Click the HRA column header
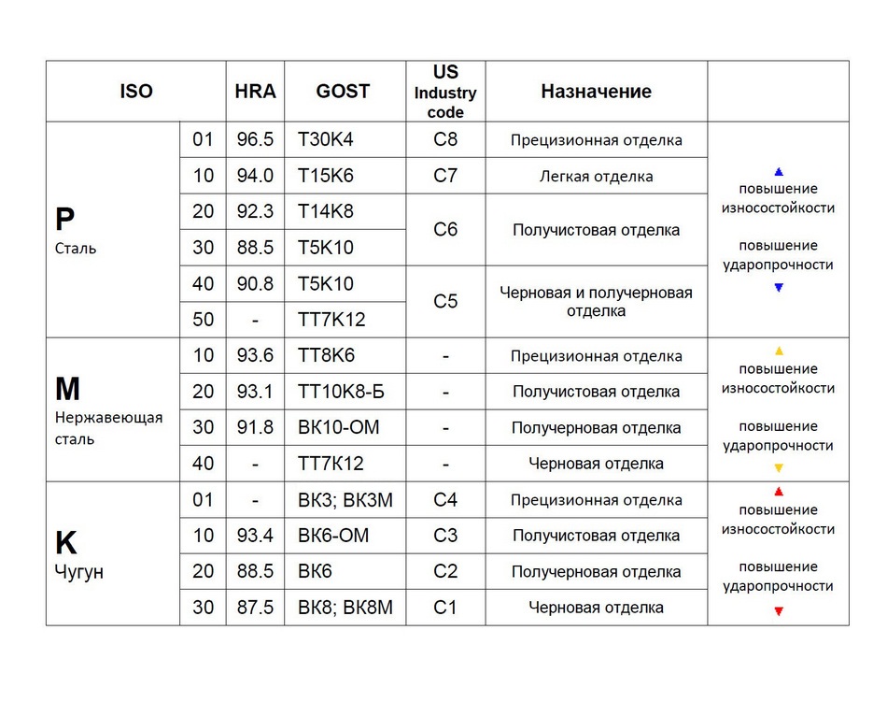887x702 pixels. tap(255, 92)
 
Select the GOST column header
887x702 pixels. tap(343, 92)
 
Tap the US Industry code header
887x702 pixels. tap(445, 92)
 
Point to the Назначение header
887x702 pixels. tap(596, 92)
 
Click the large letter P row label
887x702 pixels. tap(64, 220)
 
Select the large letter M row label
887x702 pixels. tap(67, 389)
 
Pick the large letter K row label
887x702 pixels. tap(65, 543)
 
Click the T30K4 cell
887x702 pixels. tap(326, 140)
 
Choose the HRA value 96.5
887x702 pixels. tap(255, 140)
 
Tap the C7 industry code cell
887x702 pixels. tap(445, 176)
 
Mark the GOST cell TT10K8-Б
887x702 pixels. tap(341, 392)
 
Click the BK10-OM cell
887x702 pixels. tap(337, 428)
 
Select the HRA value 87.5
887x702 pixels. tap(255, 608)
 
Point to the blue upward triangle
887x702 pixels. tap(779, 172)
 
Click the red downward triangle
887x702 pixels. tap(779, 611)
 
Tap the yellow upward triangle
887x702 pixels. tap(779, 350)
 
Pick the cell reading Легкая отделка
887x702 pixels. tap(596, 176)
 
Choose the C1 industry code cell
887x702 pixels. tap(445, 608)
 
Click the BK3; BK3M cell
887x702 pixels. tap(345, 500)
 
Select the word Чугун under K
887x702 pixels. tap(79, 572)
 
